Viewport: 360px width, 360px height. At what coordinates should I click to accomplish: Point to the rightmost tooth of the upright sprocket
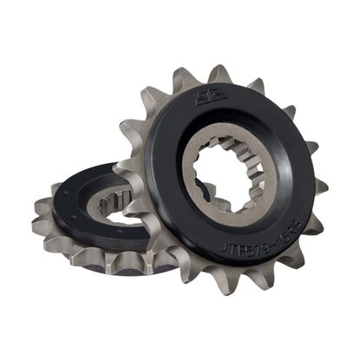point(322,186)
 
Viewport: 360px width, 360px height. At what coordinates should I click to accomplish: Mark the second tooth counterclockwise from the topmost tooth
point(154,99)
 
